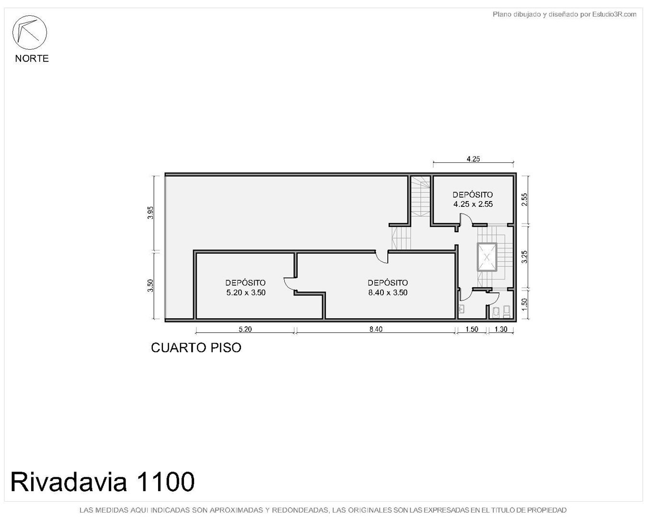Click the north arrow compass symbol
tap(29, 33)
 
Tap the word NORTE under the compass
tap(32, 58)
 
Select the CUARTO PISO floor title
tap(196, 348)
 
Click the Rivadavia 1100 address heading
tap(103, 483)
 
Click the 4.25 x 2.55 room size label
tap(473, 204)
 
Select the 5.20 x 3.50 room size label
tap(246, 292)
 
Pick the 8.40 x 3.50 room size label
tap(388, 292)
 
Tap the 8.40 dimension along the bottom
tap(376, 329)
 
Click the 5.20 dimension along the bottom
tap(245, 329)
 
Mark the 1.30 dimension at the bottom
tap(500, 329)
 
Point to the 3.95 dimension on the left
tap(150, 213)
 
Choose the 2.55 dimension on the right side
tap(524, 200)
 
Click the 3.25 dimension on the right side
tap(524, 257)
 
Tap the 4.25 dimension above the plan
tap(473, 159)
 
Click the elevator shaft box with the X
tap(487, 257)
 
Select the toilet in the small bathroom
tap(506, 312)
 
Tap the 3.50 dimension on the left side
tap(150, 285)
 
